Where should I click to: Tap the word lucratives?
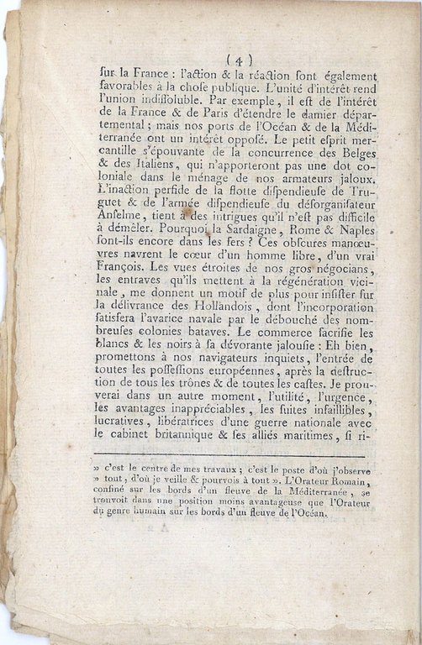click(122, 421)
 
